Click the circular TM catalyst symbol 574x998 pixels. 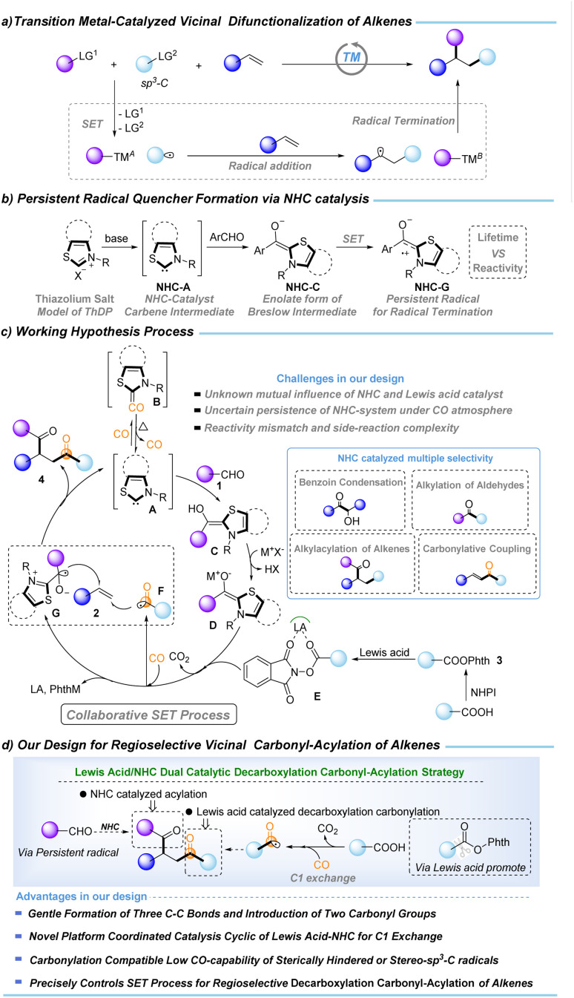pos(352,59)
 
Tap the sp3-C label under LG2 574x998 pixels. pos(154,83)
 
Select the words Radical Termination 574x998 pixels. pos(403,121)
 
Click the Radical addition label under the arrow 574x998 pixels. pos(270,165)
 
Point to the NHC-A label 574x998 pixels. pos(174,287)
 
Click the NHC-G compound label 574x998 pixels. pos(432,287)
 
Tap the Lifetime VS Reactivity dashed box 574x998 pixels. pos(498,252)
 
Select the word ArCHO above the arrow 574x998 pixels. pos(227,237)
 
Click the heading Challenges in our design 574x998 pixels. pos(340,378)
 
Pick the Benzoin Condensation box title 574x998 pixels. pos(351,482)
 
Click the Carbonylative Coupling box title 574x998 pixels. pos(476,548)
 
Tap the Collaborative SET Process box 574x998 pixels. pos(148,715)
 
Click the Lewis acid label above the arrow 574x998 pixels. pos(384,653)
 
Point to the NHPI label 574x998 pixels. pos(484,692)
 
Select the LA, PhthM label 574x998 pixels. pos(55,689)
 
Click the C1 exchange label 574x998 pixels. pos(323,878)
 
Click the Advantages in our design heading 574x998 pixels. pos(82,896)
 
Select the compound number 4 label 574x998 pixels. pos(42,479)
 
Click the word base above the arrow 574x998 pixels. pos(116,238)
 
